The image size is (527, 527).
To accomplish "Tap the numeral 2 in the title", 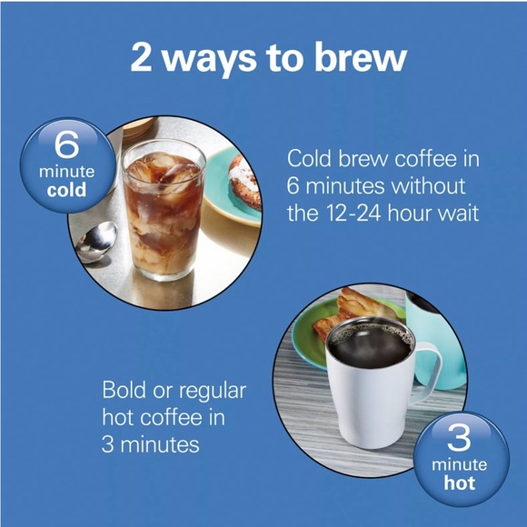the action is coord(142,57).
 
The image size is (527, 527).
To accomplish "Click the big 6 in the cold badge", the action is coord(66,144).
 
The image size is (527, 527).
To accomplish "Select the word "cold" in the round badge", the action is coord(66,190).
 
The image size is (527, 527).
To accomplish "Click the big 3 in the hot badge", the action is coord(459,437).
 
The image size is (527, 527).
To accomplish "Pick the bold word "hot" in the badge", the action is coord(460,482).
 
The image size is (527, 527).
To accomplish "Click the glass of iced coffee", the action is coord(164,210).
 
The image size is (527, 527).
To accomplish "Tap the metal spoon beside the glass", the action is coord(96,242).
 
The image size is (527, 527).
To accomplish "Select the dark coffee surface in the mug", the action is coord(372,345).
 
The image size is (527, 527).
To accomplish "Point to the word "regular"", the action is coord(213,393).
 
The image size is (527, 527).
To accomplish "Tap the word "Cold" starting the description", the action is coord(309,158).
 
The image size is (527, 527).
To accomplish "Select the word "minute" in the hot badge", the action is coord(459,465).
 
